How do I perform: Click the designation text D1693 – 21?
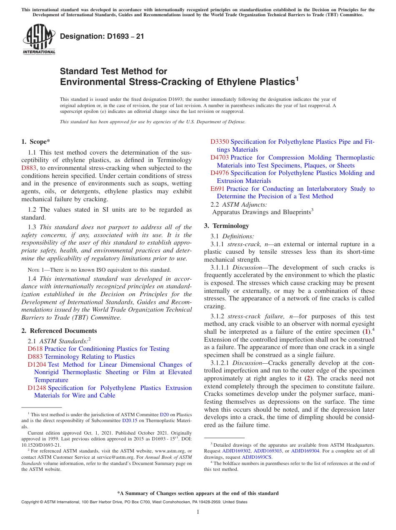click(x=102, y=36)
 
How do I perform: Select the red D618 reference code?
click(x=35, y=349)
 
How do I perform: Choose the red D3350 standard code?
click(x=219, y=142)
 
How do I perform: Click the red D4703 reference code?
click(x=219, y=157)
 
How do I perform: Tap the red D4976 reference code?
click(x=219, y=173)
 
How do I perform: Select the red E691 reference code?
click(x=217, y=189)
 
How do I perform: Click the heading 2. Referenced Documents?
click(x=59, y=331)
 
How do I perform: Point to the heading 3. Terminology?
click(x=226, y=226)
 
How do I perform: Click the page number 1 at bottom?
click(x=198, y=512)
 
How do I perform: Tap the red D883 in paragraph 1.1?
click(x=29, y=168)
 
